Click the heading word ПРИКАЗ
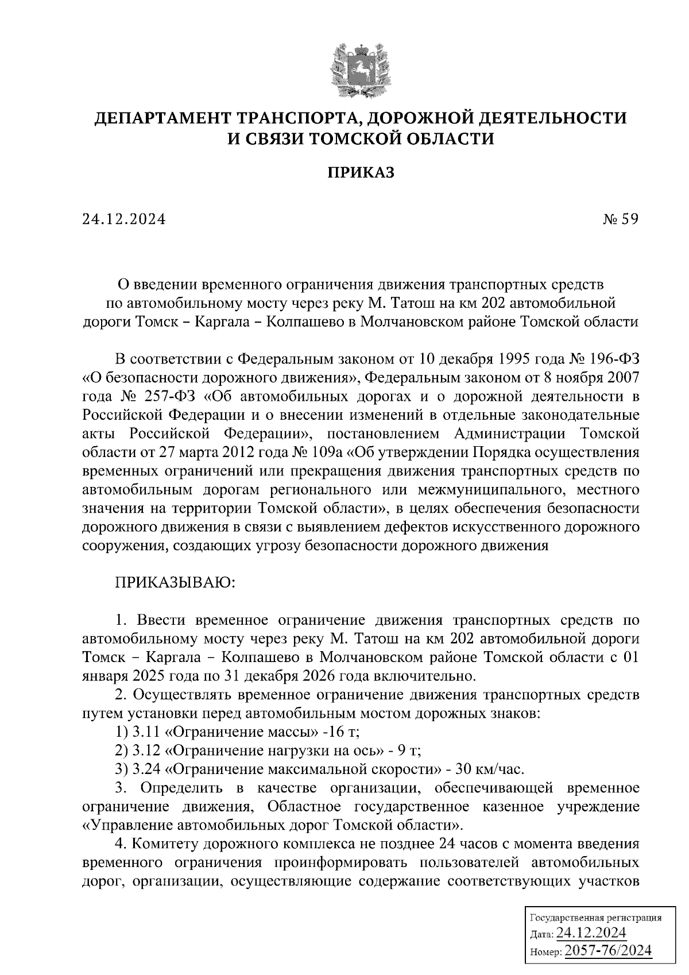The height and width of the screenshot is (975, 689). click(361, 172)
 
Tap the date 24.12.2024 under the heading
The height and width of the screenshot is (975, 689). click(124, 219)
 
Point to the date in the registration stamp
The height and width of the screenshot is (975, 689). click(591, 933)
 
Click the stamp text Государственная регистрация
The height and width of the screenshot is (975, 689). click(594, 918)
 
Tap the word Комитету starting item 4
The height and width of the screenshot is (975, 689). click(169, 844)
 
